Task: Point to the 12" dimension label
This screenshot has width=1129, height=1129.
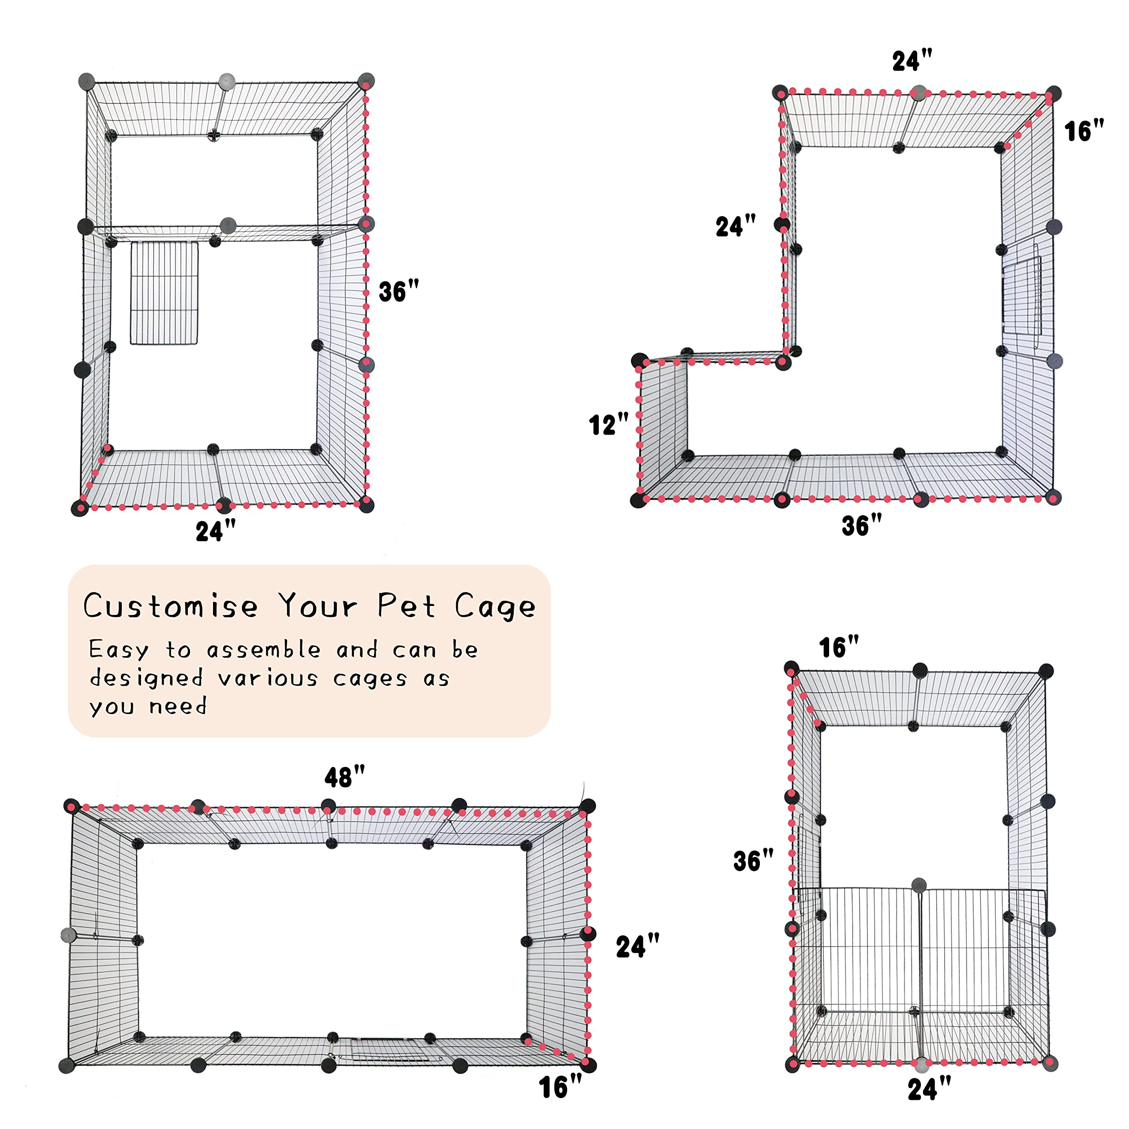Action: [608, 424]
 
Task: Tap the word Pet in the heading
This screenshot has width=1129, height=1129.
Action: [406, 606]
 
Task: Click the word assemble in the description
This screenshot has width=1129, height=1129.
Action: [264, 650]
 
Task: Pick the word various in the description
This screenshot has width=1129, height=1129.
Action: [268, 678]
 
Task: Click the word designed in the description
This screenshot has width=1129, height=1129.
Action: [146, 678]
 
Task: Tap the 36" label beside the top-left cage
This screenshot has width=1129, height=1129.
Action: [399, 292]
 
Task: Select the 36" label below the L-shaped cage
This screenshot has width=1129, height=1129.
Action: [861, 525]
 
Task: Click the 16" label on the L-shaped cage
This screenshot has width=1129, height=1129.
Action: [1084, 131]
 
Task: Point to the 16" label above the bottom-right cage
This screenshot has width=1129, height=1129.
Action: [838, 647]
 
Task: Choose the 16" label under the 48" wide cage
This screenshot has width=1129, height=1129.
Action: [560, 1088]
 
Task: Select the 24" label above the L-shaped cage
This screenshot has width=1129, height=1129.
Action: [912, 61]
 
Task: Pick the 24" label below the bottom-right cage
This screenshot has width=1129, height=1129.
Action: [929, 1090]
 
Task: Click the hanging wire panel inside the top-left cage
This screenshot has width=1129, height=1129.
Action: [164, 293]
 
